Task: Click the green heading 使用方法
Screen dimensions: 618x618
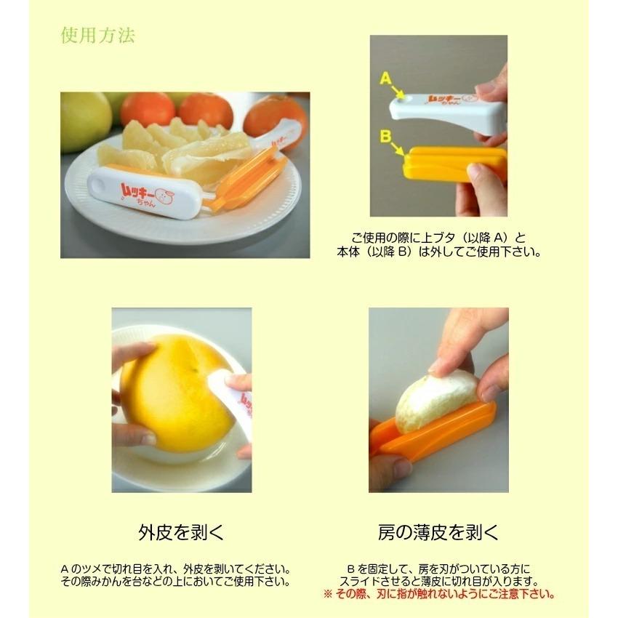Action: point(97,36)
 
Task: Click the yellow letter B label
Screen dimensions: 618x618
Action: point(385,136)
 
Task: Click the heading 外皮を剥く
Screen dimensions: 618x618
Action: point(181,533)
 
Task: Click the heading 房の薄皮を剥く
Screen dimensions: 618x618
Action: point(438,533)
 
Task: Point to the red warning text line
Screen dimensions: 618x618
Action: point(438,594)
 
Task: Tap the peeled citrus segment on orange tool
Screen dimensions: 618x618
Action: point(433,404)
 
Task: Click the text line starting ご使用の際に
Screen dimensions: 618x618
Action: point(438,238)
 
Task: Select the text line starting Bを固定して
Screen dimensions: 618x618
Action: point(438,569)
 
